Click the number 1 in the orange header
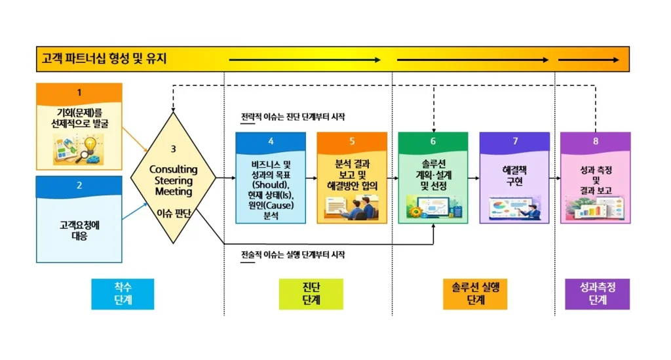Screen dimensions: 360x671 (x=79, y=92)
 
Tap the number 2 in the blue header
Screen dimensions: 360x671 (x=79, y=186)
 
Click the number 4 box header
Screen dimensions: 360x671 (x=271, y=142)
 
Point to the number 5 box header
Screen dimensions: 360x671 (x=352, y=142)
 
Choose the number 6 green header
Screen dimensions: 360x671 (x=433, y=142)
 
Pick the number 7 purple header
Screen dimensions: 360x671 (x=514, y=142)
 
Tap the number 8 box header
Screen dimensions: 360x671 (x=596, y=142)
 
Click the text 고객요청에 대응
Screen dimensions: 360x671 (x=79, y=230)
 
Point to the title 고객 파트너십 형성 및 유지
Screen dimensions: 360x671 (x=102, y=59)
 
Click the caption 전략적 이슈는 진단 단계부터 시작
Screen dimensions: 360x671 (x=292, y=117)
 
